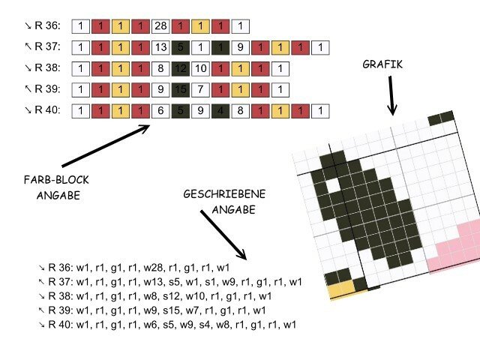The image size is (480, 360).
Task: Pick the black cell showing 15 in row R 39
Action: [180, 90]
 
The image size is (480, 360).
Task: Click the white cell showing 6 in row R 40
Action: [160, 111]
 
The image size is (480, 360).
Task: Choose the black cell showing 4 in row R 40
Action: [220, 111]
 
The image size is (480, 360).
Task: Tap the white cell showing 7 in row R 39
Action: [200, 90]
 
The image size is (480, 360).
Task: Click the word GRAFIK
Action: [382, 64]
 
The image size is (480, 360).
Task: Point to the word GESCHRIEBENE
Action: [223, 193]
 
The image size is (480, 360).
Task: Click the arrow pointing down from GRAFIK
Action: [391, 95]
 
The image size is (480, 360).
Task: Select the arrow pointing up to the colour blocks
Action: [106, 145]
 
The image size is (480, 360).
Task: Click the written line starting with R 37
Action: [169, 282]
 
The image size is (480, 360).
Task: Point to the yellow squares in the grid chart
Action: [341, 287]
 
